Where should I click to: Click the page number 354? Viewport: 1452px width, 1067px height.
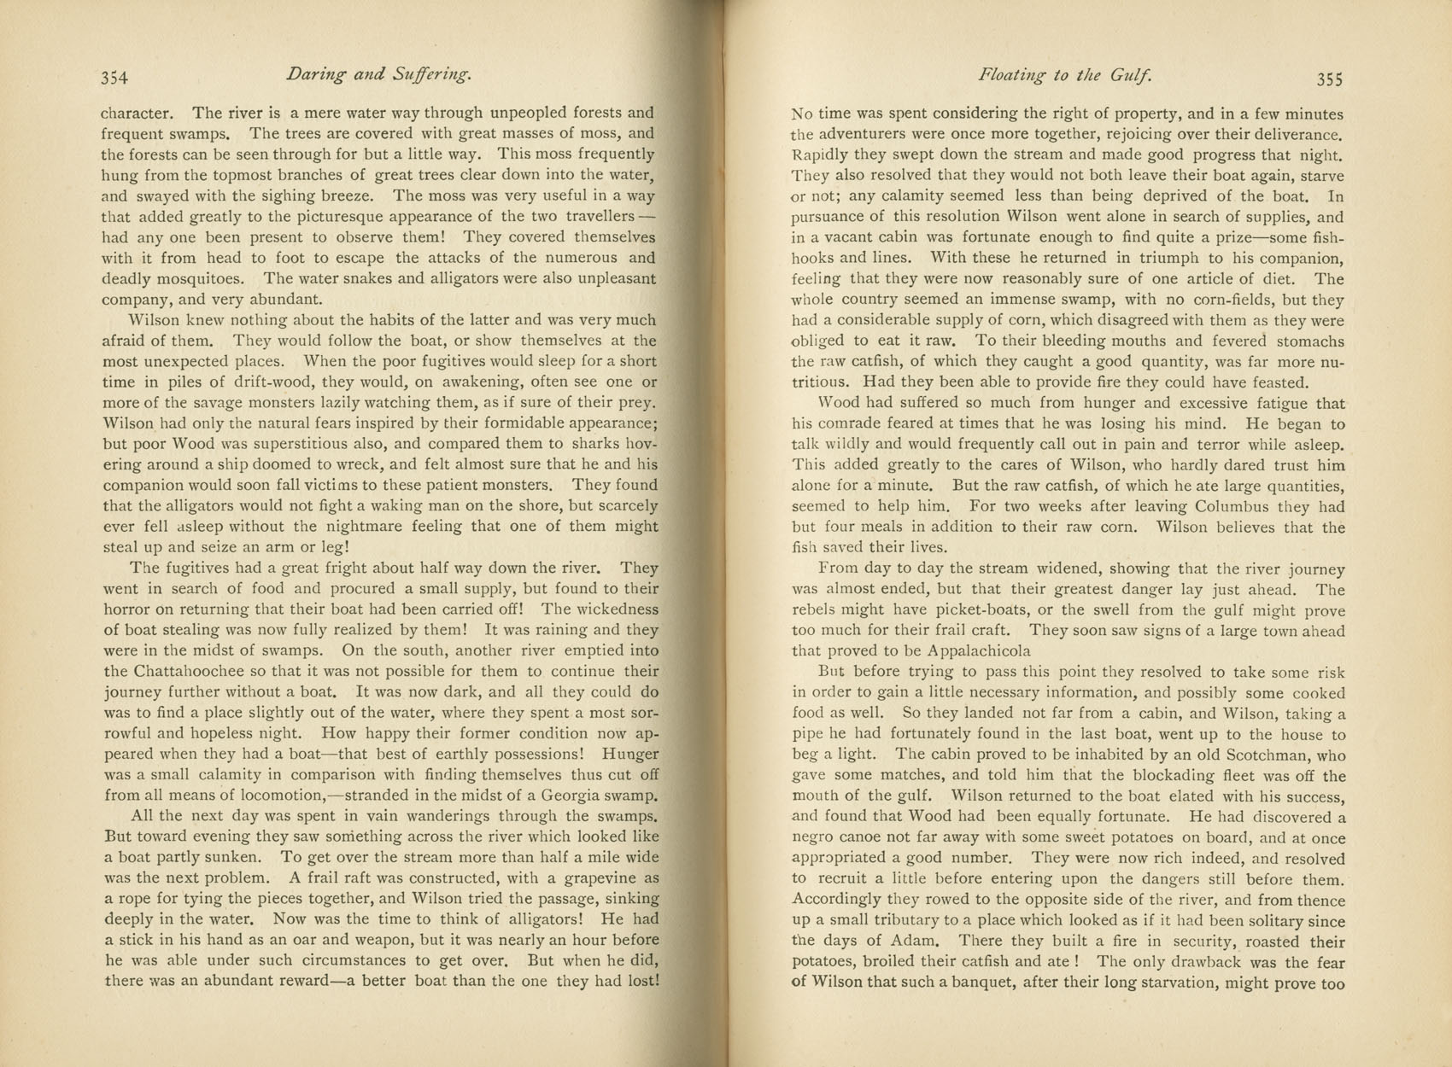[114, 78]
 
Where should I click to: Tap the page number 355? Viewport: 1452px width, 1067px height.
[1330, 79]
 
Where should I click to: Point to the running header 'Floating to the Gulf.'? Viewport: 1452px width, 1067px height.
[1065, 75]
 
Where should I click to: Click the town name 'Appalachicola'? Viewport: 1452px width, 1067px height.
[978, 652]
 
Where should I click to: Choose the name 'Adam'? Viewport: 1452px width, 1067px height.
[917, 941]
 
